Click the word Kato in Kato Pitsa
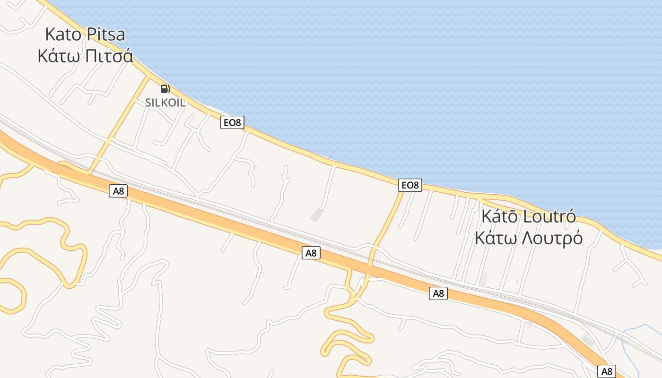[x=64, y=34]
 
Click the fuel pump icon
[x=165, y=88]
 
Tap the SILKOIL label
[x=165, y=103]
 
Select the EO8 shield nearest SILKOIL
[x=232, y=123]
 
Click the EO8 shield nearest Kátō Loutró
[x=409, y=185]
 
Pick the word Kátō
[x=500, y=216]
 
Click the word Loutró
[x=550, y=216]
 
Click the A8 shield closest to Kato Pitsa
[x=118, y=191]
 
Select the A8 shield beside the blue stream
[x=607, y=371]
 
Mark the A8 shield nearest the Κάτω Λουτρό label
[x=438, y=293]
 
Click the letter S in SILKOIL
[x=148, y=103]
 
